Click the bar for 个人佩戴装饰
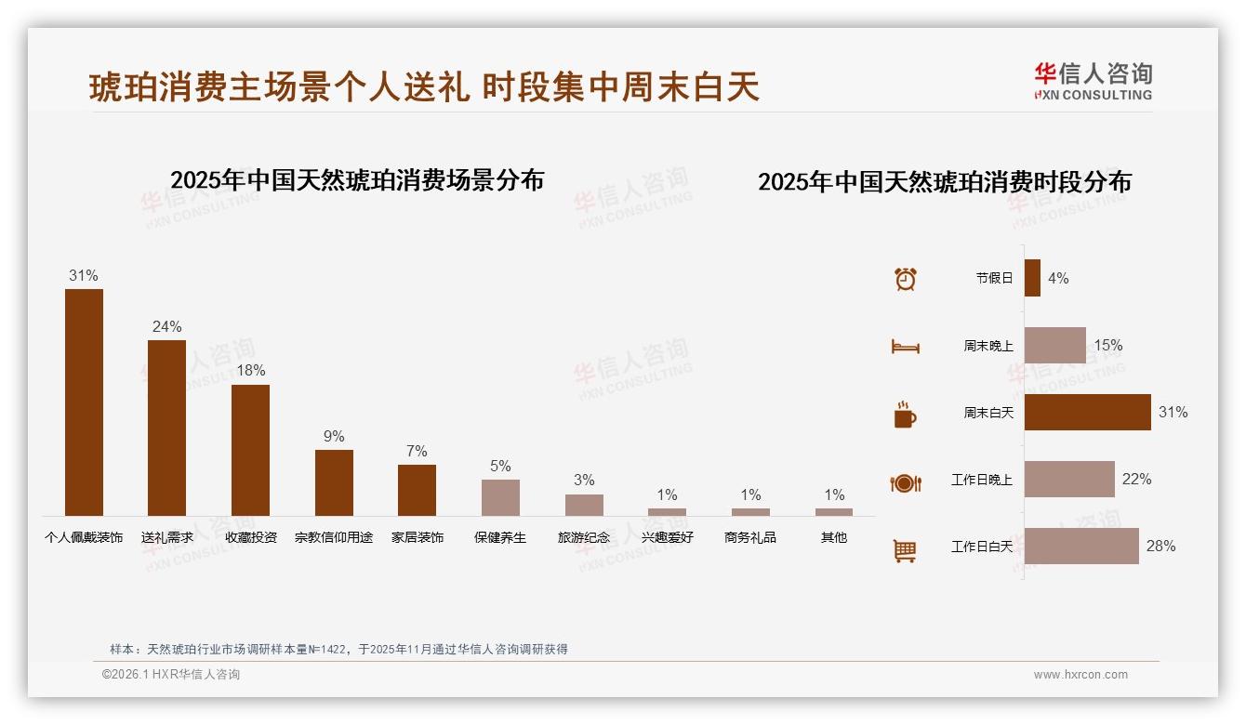click(84, 402)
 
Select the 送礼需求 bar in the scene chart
click(166, 428)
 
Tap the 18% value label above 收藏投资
click(250, 370)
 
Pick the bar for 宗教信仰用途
click(334, 482)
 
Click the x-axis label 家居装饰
click(417, 537)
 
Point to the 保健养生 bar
click(500, 497)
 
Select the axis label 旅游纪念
click(584, 537)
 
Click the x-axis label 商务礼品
click(750, 537)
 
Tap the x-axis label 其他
click(834, 537)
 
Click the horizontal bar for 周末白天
click(1087, 412)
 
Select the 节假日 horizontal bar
click(1032, 278)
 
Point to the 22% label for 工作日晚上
click(1136, 480)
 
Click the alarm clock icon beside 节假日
click(905, 279)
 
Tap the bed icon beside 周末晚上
click(905, 347)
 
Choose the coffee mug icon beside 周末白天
click(905, 415)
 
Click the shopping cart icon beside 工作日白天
click(905, 550)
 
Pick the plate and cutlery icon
click(905, 482)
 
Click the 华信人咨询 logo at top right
click(1093, 81)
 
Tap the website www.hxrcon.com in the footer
click(1080, 675)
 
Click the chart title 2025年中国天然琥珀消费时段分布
click(944, 182)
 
